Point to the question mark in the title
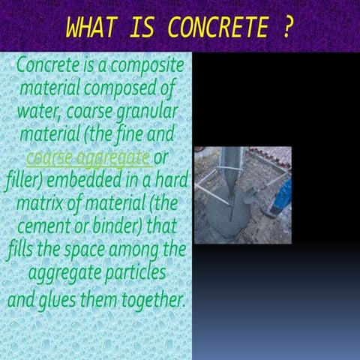point(288,28)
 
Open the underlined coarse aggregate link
point(88,159)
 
